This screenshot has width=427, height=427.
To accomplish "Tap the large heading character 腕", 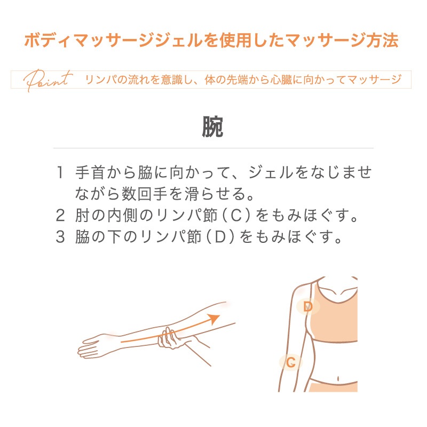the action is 212,127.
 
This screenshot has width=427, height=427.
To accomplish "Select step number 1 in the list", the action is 60,172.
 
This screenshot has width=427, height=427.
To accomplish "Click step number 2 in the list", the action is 60,216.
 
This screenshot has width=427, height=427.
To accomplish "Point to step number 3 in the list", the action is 60,236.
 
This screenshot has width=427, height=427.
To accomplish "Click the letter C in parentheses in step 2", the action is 236,216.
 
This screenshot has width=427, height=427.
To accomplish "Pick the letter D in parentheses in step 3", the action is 220,236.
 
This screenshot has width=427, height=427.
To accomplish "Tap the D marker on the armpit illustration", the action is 308,307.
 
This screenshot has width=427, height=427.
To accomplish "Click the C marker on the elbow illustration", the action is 291,362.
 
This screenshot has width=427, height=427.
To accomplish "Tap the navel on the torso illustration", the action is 338,378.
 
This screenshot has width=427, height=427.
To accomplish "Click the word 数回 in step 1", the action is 137,194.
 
